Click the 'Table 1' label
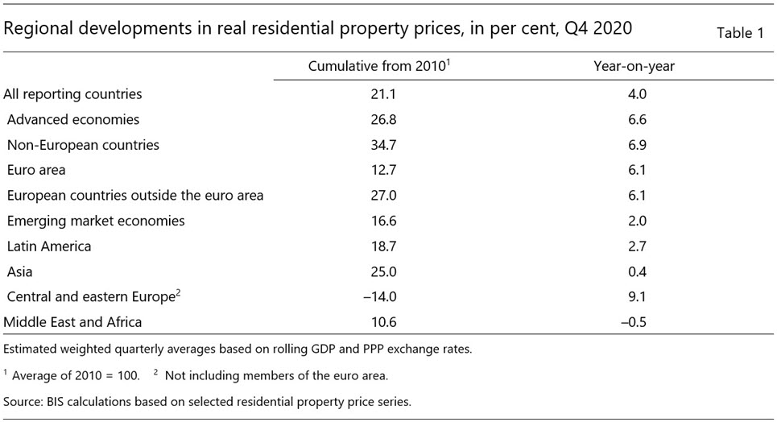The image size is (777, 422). pyautogui.click(x=738, y=33)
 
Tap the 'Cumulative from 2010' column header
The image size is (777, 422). pyautogui.click(x=378, y=67)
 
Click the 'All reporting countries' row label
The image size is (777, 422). pyautogui.click(x=72, y=94)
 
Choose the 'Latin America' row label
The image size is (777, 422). pyautogui.click(x=49, y=246)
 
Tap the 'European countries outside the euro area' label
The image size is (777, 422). pyautogui.click(x=135, y=196)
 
